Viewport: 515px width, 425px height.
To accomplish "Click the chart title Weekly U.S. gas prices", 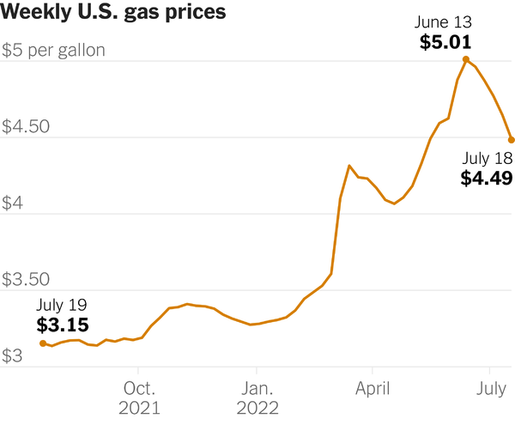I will (114, 13).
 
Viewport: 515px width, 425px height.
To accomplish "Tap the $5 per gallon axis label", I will (53, 50).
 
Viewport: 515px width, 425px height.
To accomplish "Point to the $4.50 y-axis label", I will (26, 127).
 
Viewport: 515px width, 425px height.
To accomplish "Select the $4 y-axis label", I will (15, 203).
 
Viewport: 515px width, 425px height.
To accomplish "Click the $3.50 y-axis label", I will (26, 280).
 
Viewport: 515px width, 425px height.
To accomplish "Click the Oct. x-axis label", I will (139, 386).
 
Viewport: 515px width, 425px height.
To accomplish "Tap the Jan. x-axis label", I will (256, 386).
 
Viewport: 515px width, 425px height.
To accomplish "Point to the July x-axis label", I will (491, 386).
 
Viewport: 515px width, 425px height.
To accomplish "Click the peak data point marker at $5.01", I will (466, 59).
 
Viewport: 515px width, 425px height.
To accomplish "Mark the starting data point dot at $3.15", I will (43, 343).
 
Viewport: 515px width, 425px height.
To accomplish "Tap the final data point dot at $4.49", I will (511, 139).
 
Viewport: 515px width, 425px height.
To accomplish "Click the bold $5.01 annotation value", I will (445, 42).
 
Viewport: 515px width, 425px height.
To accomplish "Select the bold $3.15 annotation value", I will (62, 325).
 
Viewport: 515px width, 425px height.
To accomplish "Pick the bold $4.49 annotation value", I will (487, 179).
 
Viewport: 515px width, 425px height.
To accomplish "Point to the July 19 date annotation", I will (62, 305).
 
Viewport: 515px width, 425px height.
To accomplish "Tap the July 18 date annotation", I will (487, 158).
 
